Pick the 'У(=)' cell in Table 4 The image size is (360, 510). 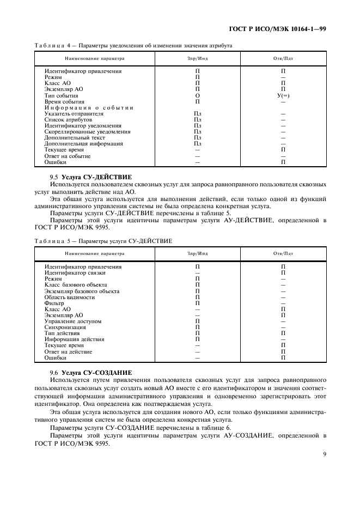click(x=283, y=95)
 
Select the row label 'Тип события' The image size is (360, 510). click(x=61, y=95)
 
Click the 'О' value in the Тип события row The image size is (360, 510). click(x=198, y=95)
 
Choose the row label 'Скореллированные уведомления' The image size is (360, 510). click(x=87, y=132)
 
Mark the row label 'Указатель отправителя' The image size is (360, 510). click(x=74, y=114)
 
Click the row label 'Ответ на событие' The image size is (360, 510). click(x=68, y=156)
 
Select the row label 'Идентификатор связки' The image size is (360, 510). click(x=75, y=272)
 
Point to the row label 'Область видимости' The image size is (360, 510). click(x=69, y=297)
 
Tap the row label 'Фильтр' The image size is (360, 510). click(x=54, y=303)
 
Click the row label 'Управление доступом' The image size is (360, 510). click(x=73, y=321)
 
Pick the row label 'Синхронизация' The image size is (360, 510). click(x=65, y=327)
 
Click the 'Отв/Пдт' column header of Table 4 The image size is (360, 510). click(x=283, y=58)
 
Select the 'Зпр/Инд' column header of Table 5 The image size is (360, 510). click(x=198, y=254)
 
